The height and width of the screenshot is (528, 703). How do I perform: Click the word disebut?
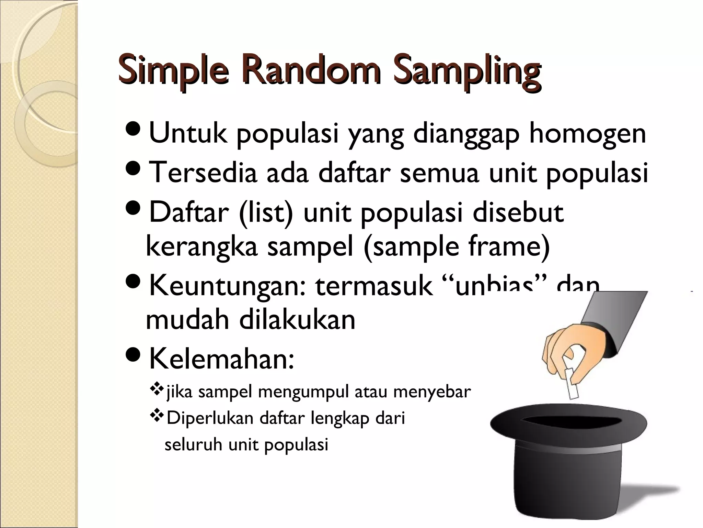tap(518, 212)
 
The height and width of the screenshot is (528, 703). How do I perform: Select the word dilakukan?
tap(297, 319)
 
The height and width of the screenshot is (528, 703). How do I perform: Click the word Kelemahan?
tap(221, 359)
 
